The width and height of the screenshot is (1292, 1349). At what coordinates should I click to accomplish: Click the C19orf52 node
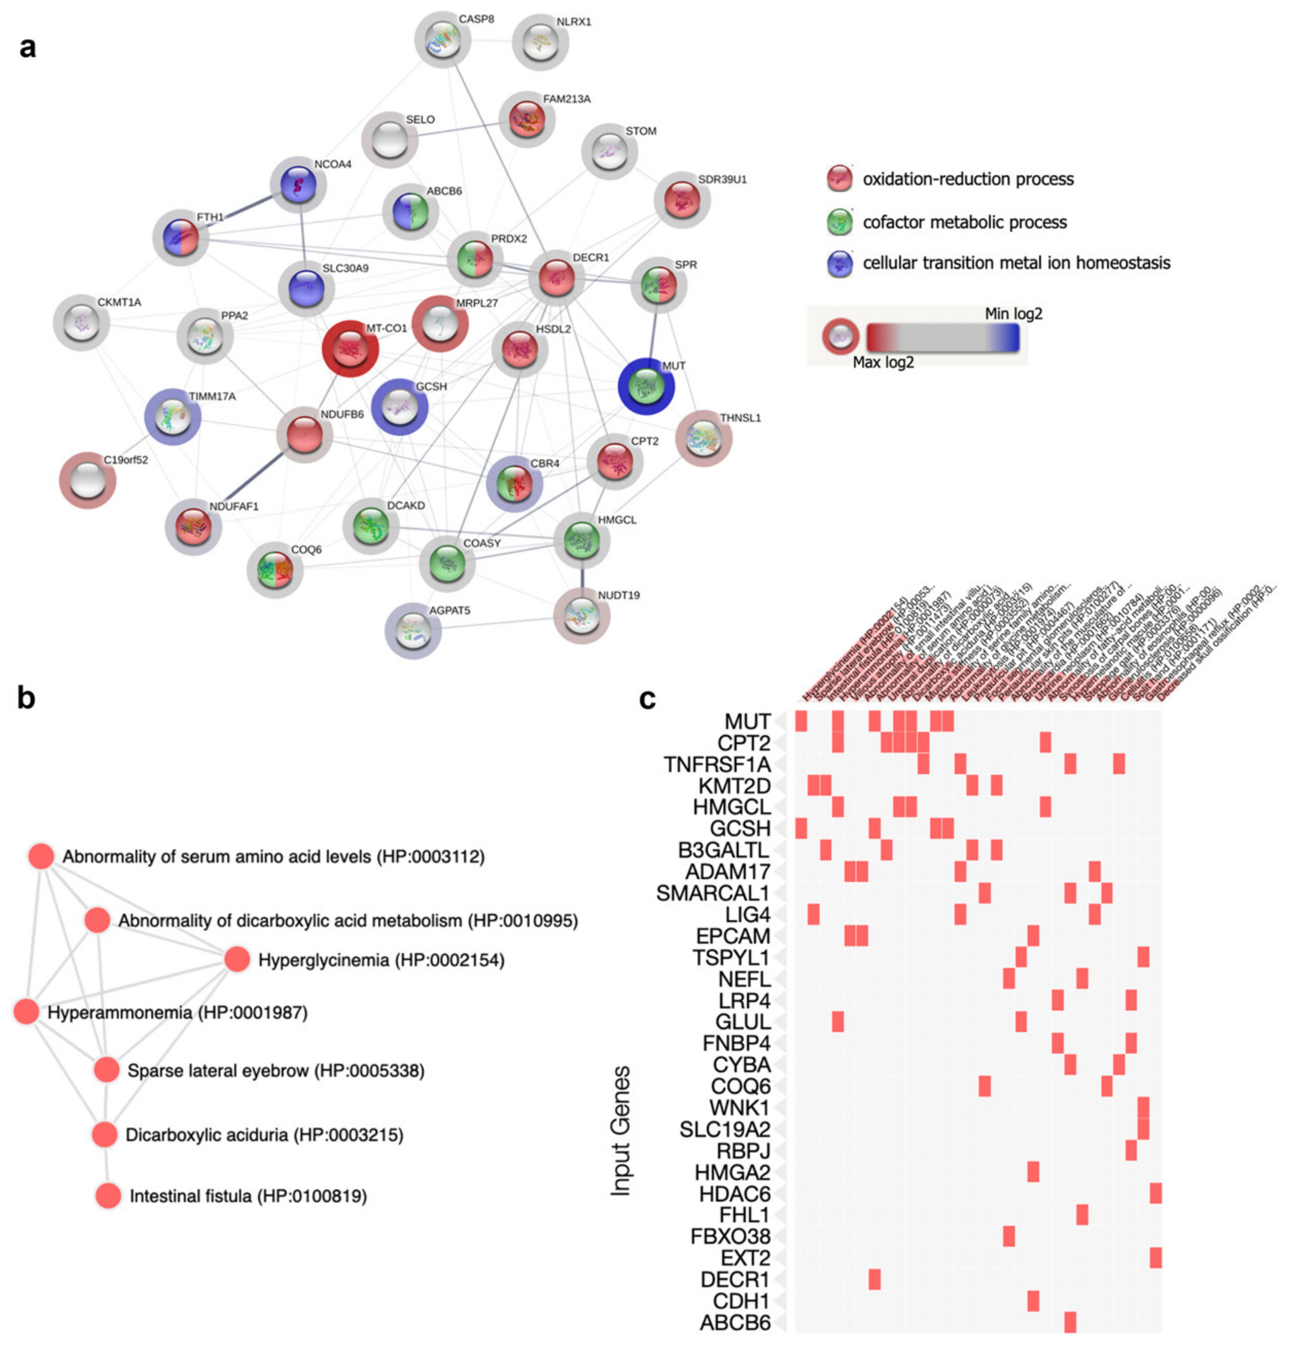88,480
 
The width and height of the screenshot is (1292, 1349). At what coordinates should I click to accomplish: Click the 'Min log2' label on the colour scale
1013,314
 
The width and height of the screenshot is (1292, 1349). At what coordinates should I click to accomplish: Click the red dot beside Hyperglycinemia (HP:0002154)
237,959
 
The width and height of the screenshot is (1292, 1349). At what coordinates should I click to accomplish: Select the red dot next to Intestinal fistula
108,1195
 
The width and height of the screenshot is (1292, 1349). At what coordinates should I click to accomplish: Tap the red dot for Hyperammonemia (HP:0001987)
26,1012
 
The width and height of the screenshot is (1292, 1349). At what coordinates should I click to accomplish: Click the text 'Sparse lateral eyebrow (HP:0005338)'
275,1070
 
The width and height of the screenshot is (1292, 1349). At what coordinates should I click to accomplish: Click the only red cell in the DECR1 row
874,1279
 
